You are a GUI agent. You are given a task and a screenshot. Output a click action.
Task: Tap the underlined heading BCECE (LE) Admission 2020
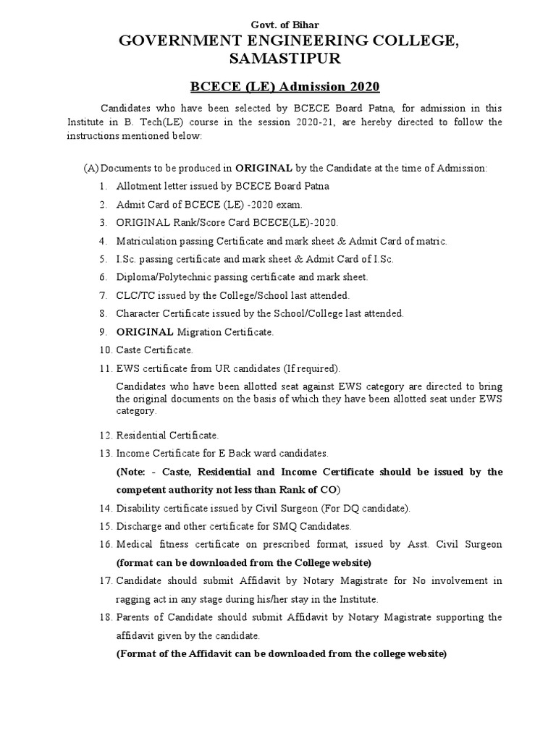[285, 88]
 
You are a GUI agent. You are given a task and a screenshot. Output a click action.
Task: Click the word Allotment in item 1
[139, 186]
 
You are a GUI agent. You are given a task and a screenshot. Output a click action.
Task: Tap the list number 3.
[104, 222]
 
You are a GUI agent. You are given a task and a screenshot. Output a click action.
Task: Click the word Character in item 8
[138, 313]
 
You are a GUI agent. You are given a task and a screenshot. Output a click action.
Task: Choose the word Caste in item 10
[129, 350]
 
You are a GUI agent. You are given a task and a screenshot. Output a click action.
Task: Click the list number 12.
[104, 435]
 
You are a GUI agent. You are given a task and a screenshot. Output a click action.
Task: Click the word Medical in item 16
[135, 544]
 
